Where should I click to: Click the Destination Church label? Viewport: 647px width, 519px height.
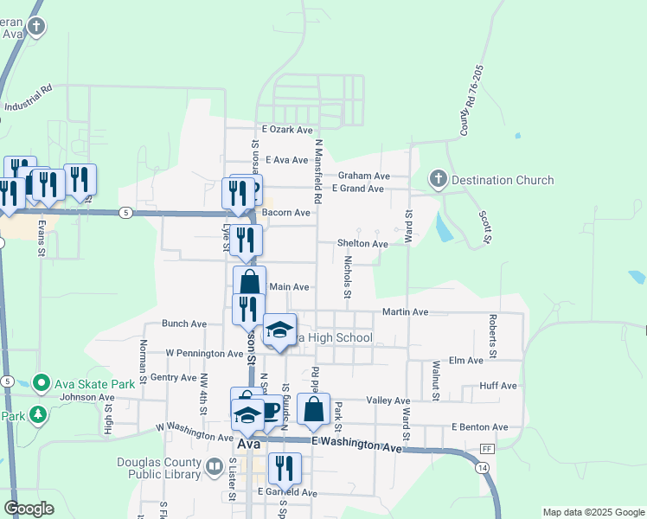(503, 180)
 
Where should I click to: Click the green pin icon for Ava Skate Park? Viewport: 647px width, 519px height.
(40, 382)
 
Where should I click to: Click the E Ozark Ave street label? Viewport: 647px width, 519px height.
(285, 130)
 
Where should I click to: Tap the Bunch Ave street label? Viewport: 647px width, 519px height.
(184, 324)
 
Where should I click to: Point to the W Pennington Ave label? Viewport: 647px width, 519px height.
(204, 354)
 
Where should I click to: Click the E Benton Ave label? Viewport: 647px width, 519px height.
(479, 427)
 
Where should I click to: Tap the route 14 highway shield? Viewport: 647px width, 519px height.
(480, 468)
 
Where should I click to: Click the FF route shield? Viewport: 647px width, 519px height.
(487, 449)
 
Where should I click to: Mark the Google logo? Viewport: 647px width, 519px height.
(29, 509)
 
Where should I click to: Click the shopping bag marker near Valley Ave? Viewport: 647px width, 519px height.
(313, 409)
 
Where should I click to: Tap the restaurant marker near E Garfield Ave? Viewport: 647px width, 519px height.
(283, 467)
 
